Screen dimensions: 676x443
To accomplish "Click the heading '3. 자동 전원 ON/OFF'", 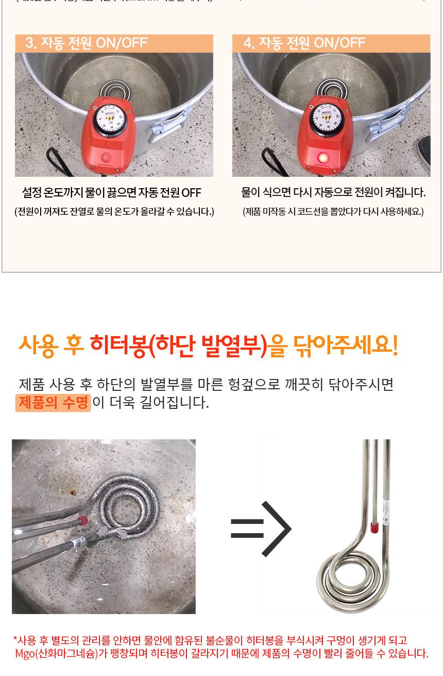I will [x=87, y=43].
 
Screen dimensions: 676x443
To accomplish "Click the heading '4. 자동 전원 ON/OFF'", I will [x=304, y=43].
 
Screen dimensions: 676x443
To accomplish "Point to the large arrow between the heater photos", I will [x=261, y=529].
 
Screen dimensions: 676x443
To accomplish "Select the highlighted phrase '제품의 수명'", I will [x=53, y=403].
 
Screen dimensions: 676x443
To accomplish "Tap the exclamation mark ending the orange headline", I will [x=395, y=345].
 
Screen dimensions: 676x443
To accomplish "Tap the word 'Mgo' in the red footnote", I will [x=24, y=654].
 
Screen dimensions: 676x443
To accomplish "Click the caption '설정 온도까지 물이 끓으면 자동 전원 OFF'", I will [x=111, y=193].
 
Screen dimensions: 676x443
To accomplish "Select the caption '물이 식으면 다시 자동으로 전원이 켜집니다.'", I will [x=333, y=193].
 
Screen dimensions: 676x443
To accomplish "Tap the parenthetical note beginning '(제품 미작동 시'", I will [x=333, y=211].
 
